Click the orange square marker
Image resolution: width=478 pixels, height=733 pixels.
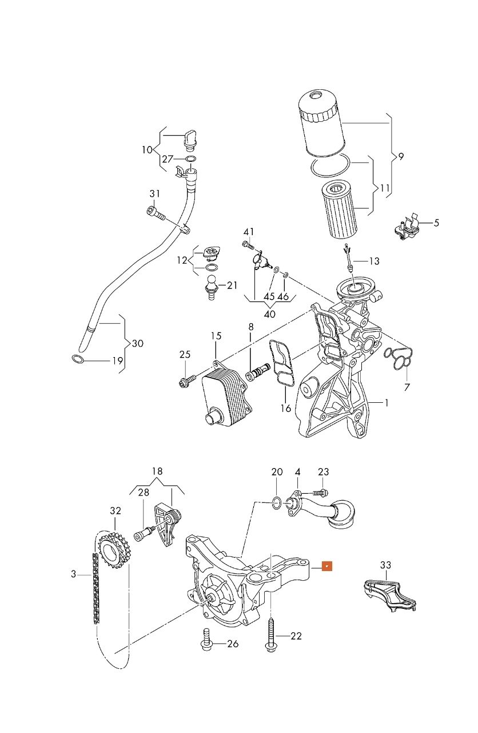coord(327,566)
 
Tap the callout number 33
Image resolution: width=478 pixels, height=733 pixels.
coord(386,565)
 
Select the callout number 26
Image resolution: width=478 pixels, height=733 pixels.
coord(233,644)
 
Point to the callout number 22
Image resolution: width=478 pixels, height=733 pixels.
coord(296,636)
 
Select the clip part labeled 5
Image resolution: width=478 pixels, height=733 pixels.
coord(407,226)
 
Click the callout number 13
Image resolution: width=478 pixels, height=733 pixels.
coord(375,261)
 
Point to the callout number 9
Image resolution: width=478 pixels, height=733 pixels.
coord(401,157)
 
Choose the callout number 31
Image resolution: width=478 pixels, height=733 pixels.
coord(155,194)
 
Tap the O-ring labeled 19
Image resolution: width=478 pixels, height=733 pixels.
coord(78,359)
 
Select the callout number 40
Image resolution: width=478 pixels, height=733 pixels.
coord(269,314)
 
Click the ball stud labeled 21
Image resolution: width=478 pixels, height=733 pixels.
coord(211,287)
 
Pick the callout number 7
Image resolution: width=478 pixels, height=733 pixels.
coord(407,387)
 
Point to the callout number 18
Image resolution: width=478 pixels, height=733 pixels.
coord(157,471)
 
